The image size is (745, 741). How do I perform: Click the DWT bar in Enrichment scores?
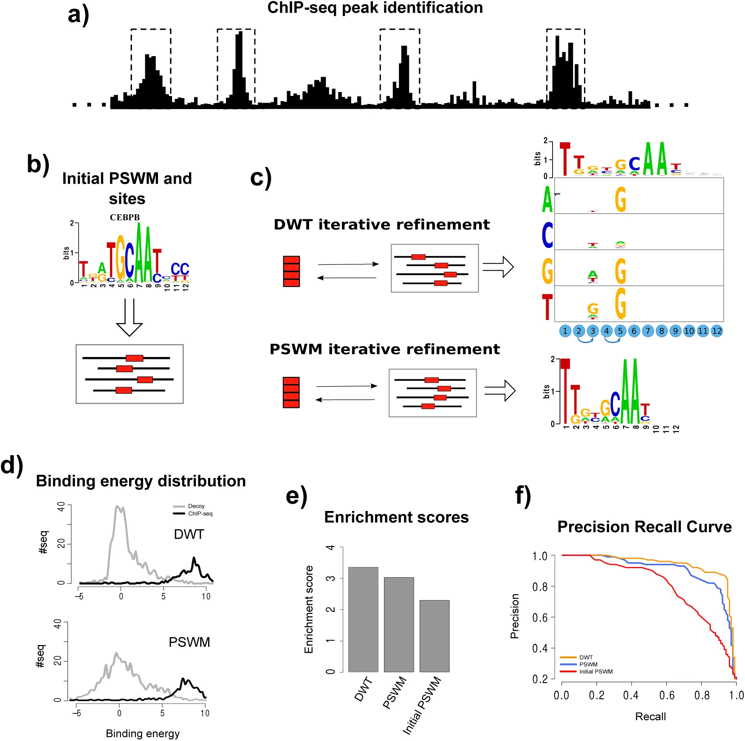coord(363,619)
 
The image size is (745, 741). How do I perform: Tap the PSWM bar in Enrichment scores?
coord(399,624)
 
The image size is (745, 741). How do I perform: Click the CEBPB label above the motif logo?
coord(125,217)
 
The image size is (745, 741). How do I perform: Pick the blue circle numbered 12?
coord(717,331)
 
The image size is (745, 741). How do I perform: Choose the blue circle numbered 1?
coord(565,331)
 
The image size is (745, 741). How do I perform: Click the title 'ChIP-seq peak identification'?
coord(375,8)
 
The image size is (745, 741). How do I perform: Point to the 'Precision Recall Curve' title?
coord(644,527)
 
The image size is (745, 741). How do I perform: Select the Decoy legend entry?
coord(196,506)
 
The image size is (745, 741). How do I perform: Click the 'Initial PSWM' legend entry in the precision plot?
coord(595,671)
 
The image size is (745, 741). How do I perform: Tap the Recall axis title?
coord(650,716)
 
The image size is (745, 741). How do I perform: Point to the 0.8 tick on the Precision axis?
coord(540,587)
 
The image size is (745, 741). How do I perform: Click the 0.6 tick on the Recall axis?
coord(666,695)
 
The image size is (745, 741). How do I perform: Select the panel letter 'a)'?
coord(79,15)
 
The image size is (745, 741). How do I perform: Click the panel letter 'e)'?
coord(296,495)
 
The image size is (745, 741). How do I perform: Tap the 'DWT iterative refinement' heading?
coord(381,225)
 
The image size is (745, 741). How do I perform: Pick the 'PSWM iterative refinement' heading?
coord(384,349)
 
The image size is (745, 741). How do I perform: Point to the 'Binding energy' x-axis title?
coord(143,733)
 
